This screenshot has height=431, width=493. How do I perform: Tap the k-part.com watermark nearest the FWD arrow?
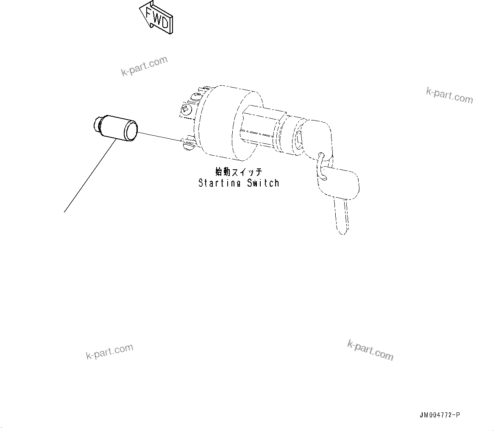click(145, 67)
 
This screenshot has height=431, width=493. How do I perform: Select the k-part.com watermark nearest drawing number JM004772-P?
click(370, 350)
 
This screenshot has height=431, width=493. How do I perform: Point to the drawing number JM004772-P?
click(440, 415)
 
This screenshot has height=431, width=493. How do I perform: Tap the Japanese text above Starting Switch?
click(239, 172)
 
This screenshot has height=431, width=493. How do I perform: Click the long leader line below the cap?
click(89, 176)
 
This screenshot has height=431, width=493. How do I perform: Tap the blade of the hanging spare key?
click(342, 216)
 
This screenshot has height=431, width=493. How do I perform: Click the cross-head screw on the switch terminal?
click(185, 109)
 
